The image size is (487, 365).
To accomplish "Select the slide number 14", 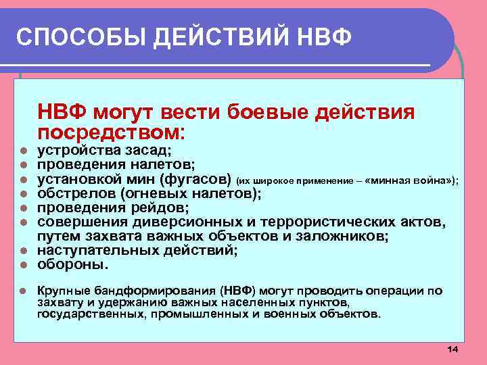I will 453,349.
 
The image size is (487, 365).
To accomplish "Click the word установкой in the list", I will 80,179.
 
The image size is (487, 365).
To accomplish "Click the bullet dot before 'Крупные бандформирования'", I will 22,291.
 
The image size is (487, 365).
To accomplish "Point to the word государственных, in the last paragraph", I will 82,314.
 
